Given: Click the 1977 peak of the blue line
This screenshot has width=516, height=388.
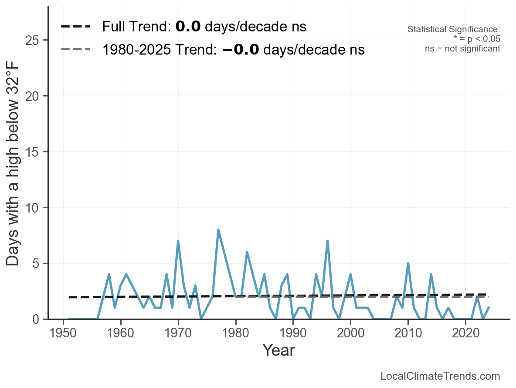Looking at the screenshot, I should click(218, 230).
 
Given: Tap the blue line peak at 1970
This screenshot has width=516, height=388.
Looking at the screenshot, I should click(178, 241).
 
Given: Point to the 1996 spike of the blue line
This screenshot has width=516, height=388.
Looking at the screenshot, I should click(327, 241).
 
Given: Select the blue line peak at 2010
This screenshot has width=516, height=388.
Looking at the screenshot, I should click(408, 263).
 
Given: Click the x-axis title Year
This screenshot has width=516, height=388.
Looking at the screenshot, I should click(278, 350).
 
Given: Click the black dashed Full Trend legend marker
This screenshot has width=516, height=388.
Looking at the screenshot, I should click(76, 27).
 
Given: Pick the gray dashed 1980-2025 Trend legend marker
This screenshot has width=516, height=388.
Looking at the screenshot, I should click(76, 49).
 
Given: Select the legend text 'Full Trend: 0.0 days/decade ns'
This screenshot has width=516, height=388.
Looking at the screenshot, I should click(204, 27).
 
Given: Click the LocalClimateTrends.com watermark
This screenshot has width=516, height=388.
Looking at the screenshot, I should click(440, 376).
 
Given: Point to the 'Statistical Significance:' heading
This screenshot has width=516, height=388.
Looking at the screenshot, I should click(454, 30).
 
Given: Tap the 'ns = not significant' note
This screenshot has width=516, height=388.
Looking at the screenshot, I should click(462, 48).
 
